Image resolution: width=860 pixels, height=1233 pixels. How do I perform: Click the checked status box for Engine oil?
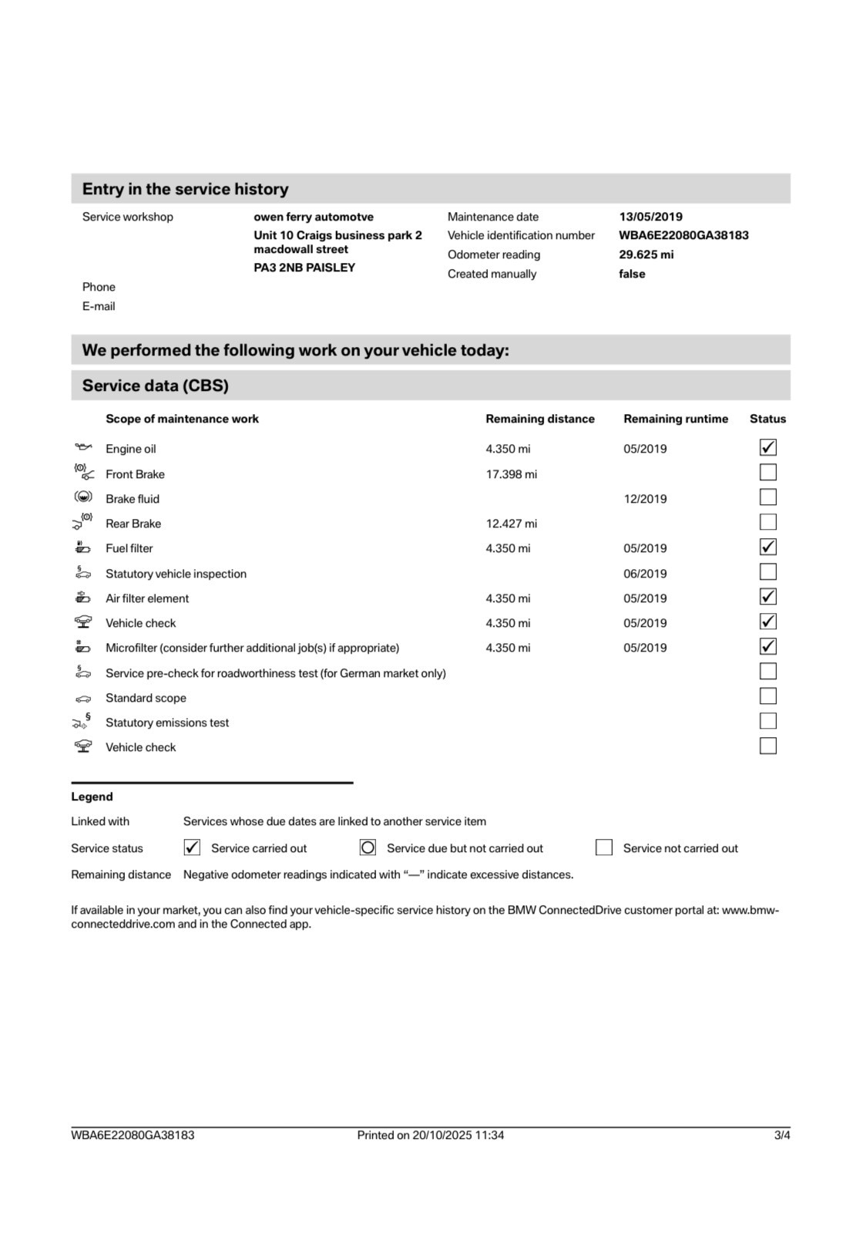pyautogui.click(x=768, y=448)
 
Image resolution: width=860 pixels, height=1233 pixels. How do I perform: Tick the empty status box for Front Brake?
pyautogui.click(x=768, y=473)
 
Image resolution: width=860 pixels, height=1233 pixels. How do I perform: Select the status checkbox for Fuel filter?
pyautogui.click(x=768, y=547)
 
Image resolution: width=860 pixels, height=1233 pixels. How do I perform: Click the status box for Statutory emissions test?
pyautogui.click(x=768, y=722)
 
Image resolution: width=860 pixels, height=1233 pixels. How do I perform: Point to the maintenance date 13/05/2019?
pyautogui.click(x=650, y=217)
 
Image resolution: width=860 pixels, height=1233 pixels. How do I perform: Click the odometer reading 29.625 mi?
pyautogui.click(x=646, y=254)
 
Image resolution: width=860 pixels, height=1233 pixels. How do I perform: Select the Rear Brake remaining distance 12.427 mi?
pyautogui.click(x=511, y=524)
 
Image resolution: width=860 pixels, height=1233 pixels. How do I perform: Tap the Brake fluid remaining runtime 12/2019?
pyautogui.click(x=645, y=499)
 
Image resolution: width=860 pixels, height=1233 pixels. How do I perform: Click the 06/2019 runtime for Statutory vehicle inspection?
pyautogui.click(x=645, y=574)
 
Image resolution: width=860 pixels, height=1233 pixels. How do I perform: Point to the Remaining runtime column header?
pyautogui.click(x=675, y=419)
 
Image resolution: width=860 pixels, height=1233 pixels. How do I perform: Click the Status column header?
pyautogui.click(x=768, y=419)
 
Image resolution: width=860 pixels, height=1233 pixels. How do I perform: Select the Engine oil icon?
pyautogui.click(x=83, y=447)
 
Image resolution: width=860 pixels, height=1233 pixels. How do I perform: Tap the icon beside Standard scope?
pyautogui.click(x=83, y=699)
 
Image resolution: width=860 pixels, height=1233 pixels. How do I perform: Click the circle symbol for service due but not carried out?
pyautogui.click(x=368, y=848)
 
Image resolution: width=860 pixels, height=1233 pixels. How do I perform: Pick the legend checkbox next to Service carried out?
pyautogui.click(x=192, y=848)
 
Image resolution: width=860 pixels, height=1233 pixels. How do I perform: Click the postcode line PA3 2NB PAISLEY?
pyautogui.click(x=304, y=268)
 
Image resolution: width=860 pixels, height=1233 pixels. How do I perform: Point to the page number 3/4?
pyautogui.click(x=782, y=1135)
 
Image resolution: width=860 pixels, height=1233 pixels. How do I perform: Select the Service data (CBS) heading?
pyautogui.click(x=156, y=386)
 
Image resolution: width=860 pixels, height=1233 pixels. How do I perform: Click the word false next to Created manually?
pyautogui.click(x=632, y=274)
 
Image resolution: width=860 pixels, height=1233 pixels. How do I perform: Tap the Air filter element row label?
pyautogui.click(x=147, y=598)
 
